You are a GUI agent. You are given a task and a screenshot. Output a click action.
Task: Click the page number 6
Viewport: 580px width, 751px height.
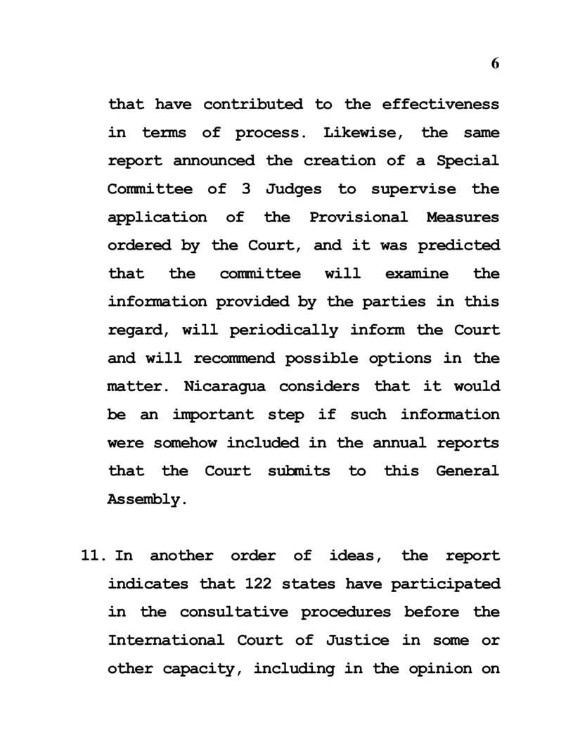[495, 63]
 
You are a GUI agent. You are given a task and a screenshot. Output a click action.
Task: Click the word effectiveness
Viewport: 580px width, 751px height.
[441, 105]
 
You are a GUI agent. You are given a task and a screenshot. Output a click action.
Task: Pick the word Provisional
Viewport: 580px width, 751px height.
[359, 217]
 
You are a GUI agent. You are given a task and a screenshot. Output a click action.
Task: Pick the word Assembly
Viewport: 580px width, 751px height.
[147, 500]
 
